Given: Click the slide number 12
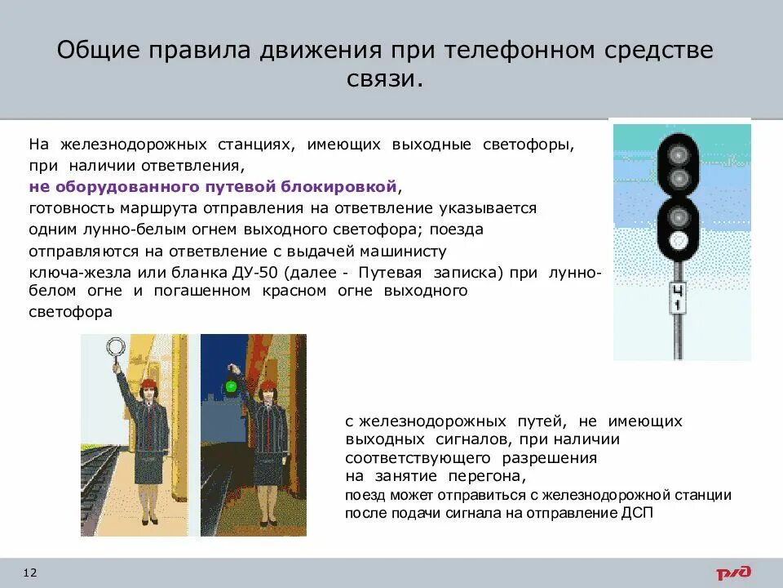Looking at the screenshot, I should [x=30, y=572].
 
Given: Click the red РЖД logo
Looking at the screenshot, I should [x=733, y=572].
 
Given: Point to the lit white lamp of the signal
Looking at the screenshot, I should [x=679, y=241].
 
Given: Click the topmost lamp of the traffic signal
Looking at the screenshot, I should [x=679, y=154].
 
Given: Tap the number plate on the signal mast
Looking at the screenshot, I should [x=677, y=298].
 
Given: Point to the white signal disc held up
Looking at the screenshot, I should [x=114, y=349].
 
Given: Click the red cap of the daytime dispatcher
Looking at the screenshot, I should [x=148, y=385].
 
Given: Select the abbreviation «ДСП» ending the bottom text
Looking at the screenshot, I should [x=637, y=513].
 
